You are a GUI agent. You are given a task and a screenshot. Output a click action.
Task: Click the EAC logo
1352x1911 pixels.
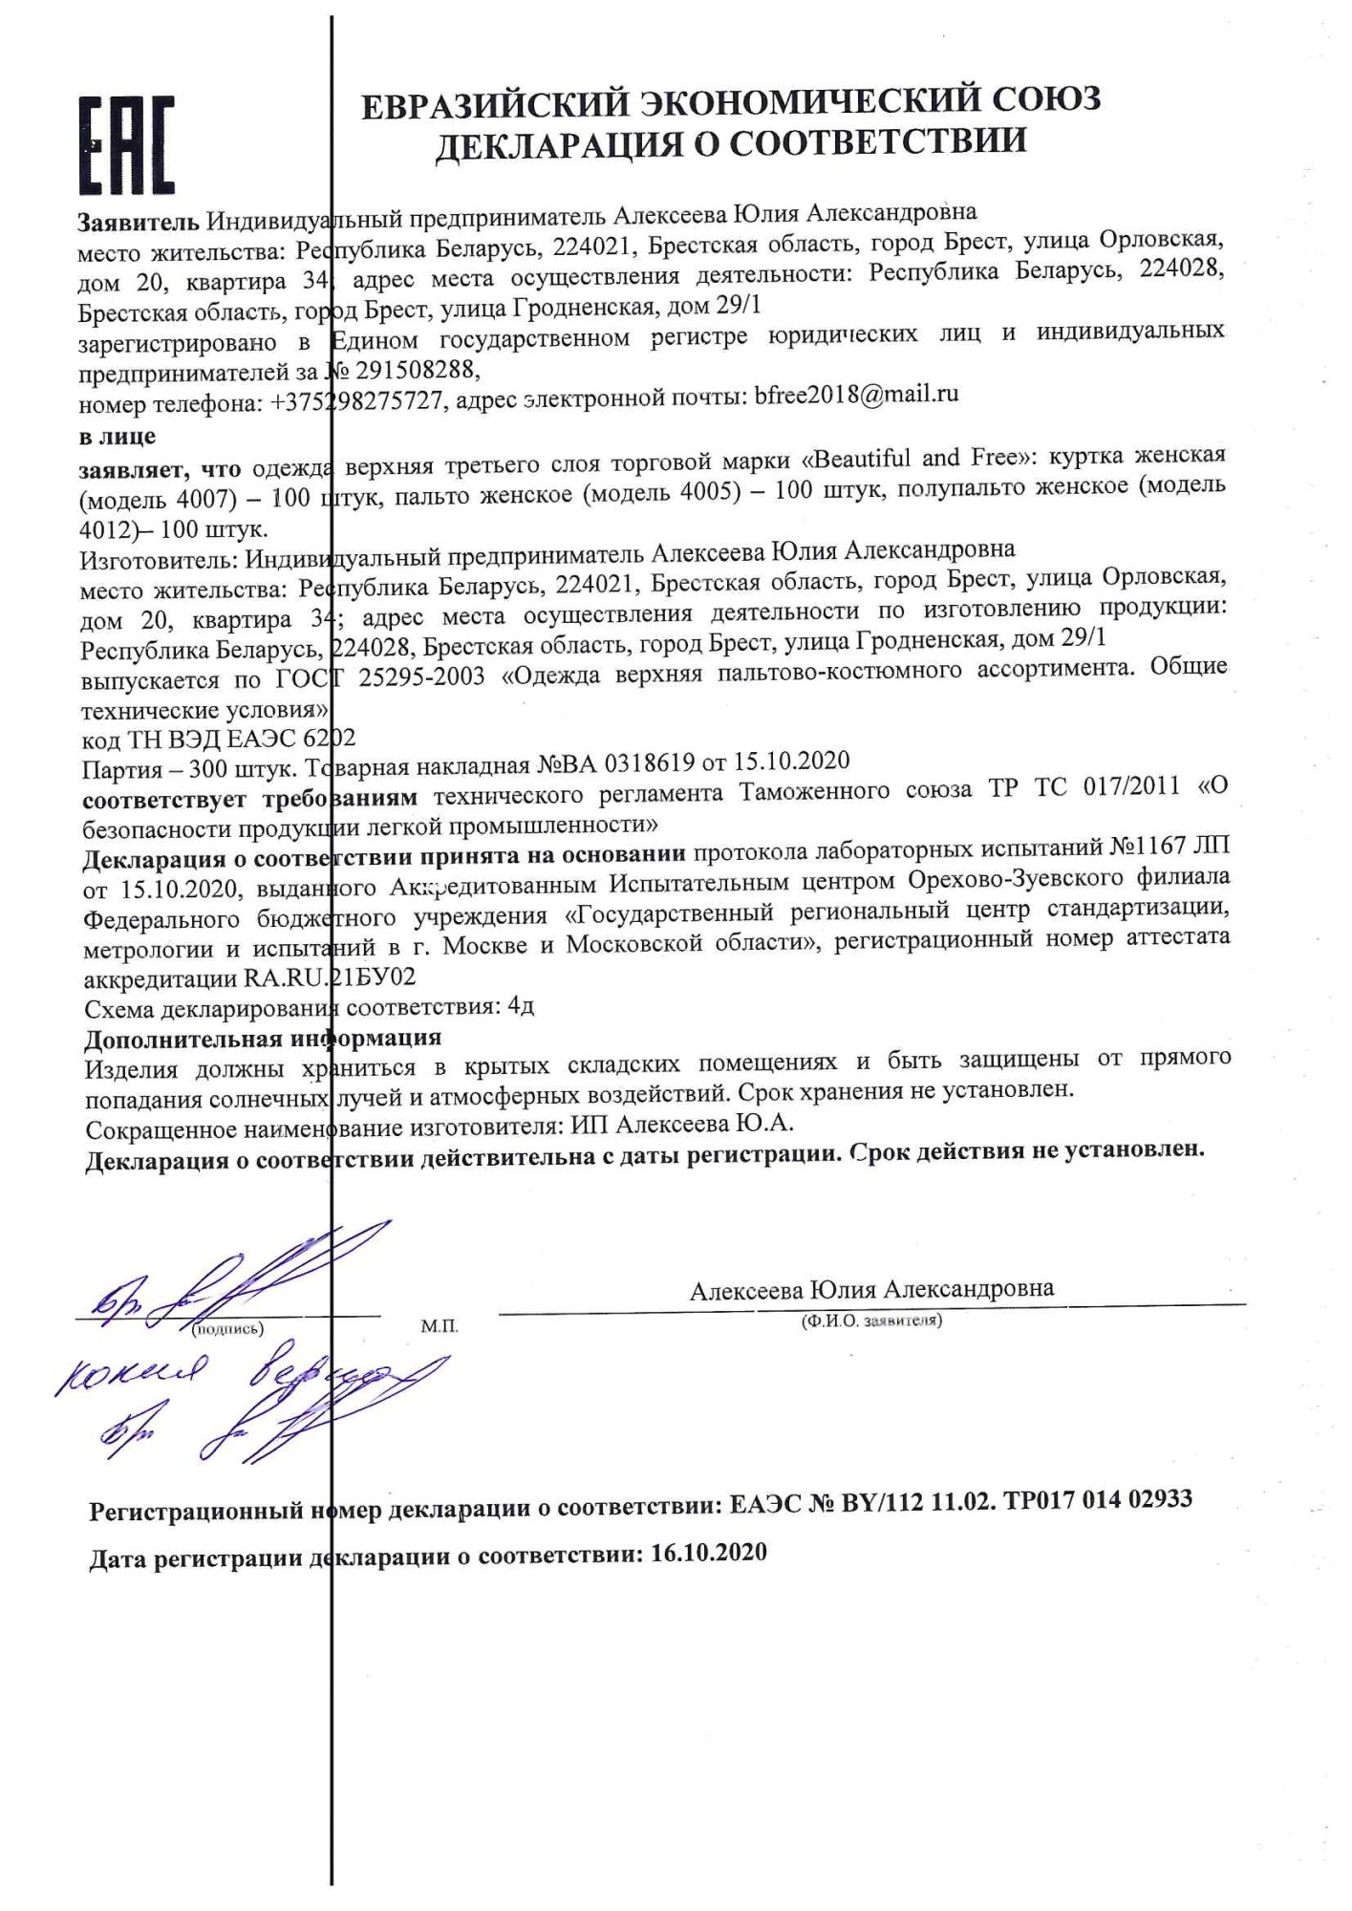pyautogui.click(x=126, y=144)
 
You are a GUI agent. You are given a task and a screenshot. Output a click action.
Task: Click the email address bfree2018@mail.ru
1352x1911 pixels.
pyautogui.click(x=856, y=395)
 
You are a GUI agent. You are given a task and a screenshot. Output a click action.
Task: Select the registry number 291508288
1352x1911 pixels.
pyautogui.click(x=415, y=370)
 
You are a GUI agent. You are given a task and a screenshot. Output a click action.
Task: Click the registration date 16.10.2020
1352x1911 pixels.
pyautogui.click(x=708, y=1553)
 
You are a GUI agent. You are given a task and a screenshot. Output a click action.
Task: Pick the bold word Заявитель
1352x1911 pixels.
pyautogui.click(x=139, y=222)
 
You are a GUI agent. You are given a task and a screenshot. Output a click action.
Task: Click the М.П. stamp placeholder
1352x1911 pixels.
pyautogui.click(x=439, y=1327)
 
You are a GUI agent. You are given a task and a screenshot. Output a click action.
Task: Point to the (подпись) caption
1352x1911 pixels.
pyautogui.click(x=227, y=1329)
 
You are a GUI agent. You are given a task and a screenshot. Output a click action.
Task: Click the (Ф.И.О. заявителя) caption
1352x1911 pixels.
pyautogui.click(x=871, y=1321)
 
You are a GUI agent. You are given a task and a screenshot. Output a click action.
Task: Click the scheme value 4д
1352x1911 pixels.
pyautogui.click(x=522, y=1005)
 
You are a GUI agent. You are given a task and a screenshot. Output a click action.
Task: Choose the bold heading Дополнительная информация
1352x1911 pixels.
pyautogui.click(x=263, y=1039)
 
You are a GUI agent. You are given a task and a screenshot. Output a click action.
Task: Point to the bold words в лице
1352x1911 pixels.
pyautogui.click(x=118, y=437)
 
